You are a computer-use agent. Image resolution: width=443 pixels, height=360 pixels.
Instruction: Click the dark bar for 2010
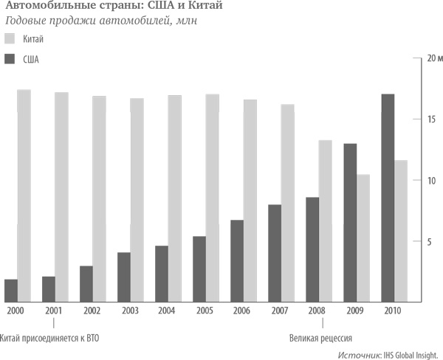tap(388, 197)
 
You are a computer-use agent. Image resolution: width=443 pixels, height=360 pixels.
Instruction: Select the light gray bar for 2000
tap(24, 195)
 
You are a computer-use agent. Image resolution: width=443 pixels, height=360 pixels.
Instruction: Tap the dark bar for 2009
tap(350, 222)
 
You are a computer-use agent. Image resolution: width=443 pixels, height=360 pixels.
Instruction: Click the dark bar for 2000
tap(11, 290)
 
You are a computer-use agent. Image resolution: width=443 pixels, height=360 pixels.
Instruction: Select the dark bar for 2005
tap(199, 269)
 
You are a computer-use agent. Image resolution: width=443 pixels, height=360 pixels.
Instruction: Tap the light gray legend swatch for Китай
tap(10, 38)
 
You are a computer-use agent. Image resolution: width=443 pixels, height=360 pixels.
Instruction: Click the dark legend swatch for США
tap(10, 58)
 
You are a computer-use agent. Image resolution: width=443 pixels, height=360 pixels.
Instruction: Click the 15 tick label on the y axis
tap(431, 120)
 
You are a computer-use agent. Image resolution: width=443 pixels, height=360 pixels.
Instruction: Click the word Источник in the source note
tap(357, 354)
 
